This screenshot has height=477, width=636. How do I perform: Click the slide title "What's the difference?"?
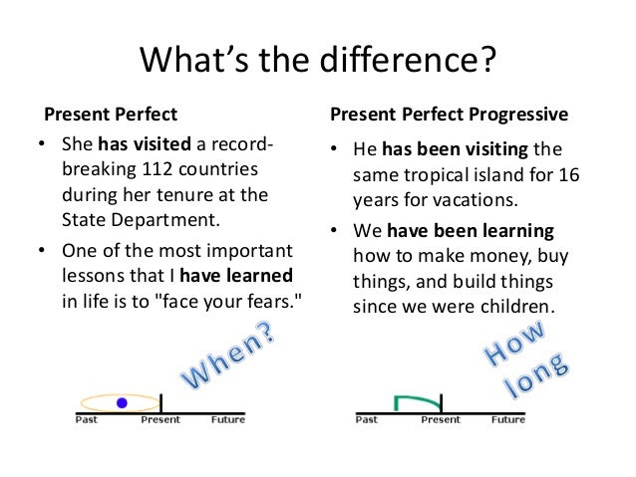[x=318, y=62]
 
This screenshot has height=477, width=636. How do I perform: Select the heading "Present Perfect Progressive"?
[x=449, y=115]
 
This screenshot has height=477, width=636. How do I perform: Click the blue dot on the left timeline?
[x=122, y=402]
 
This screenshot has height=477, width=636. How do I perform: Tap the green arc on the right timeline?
[x=418, y=400]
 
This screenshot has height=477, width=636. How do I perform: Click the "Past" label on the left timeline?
[x=87, y=420]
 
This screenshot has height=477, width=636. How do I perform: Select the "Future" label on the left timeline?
[x=228, y=420]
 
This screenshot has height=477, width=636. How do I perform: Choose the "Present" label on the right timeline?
[x=441, y=420]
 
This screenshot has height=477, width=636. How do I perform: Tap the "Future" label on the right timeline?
[x=507, y=420]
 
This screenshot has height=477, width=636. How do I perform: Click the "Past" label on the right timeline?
[x=367, y=420]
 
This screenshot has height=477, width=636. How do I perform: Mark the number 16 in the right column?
[x=596, y=176]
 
